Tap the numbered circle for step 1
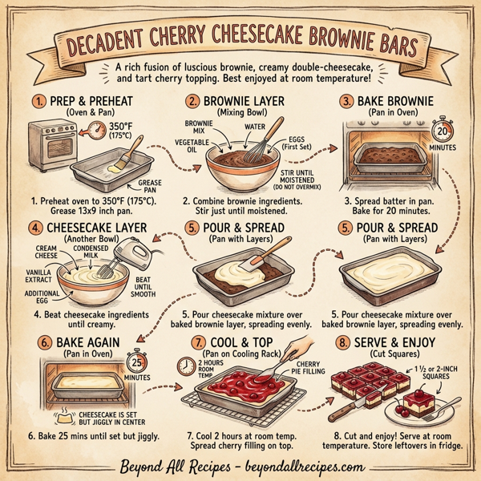tap(38, 102)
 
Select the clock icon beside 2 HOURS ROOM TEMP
tap(183, 366)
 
